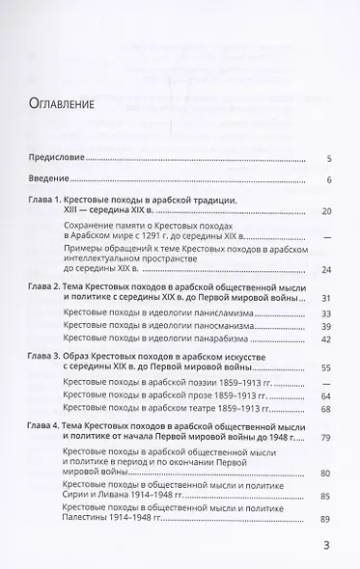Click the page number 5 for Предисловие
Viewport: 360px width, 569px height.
(x=329, y=157)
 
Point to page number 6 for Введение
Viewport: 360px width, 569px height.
(x=329, y=179)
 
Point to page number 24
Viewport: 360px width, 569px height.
(x=327, y=270)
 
